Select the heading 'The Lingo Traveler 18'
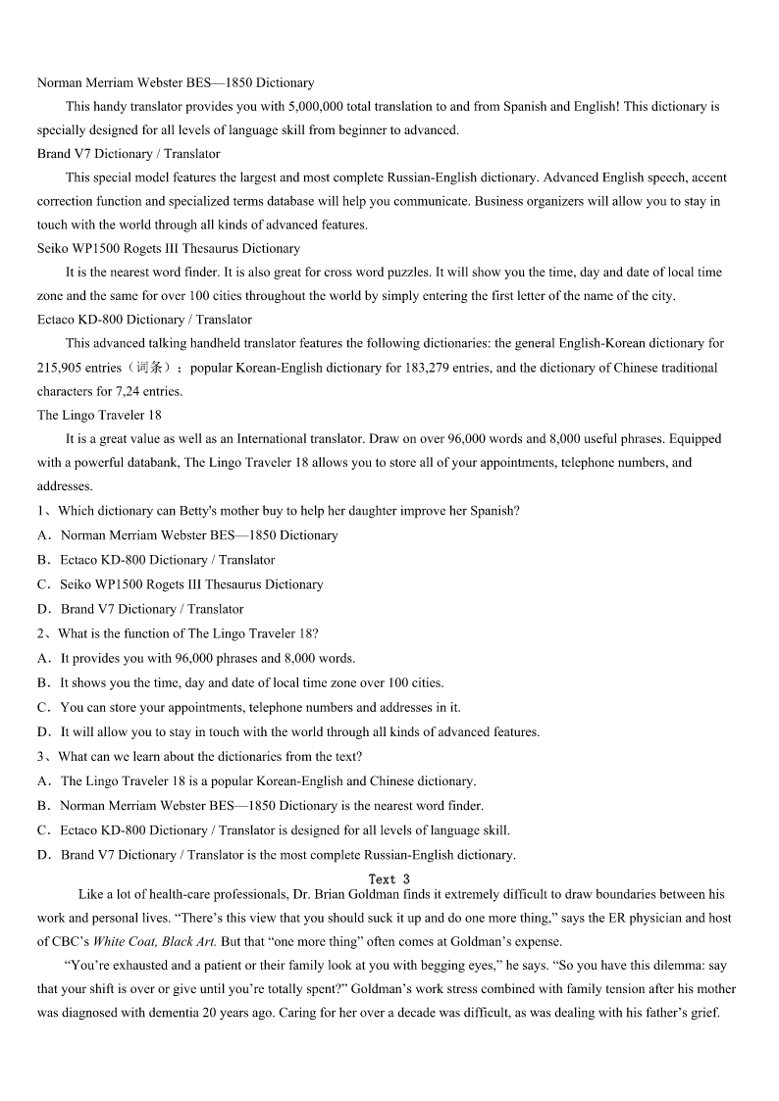(99, 415)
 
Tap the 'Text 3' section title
(389, 879)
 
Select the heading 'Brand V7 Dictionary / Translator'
(129, 154)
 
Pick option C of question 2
(260, 707)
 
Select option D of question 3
(287, 855)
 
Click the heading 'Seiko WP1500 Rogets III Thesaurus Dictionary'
(169, 248)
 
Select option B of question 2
(251, 682)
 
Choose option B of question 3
(272, 806)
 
